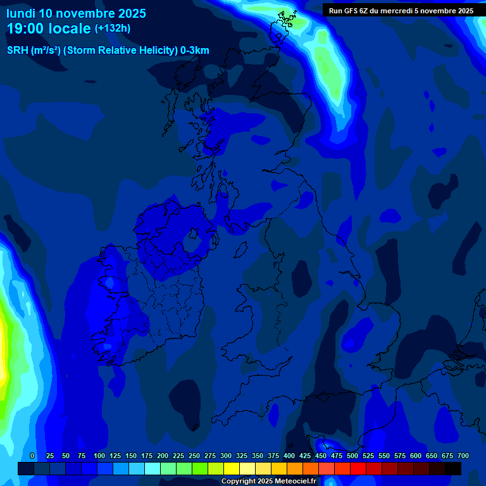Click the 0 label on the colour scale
coord(32,456)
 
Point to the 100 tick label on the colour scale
coord(99,456)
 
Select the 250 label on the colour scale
coord(194,456)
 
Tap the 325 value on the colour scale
coord(241,456)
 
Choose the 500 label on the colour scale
coord(352,456)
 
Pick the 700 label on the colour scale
coord(463,456)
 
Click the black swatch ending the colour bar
coord(453,468)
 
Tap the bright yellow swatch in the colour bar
coord(232,468)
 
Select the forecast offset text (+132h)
coord(113,28)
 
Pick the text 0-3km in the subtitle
coord(194,51)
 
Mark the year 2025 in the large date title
coord(132,13)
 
